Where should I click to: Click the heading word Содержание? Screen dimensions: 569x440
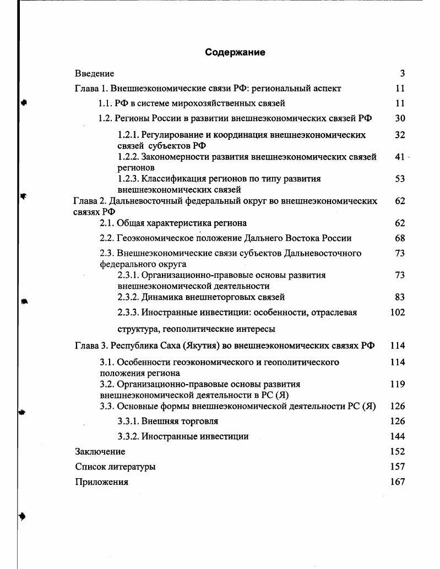point(235,52)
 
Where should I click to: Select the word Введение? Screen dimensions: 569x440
point(94,73)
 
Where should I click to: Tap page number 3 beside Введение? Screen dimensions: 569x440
point(403,73)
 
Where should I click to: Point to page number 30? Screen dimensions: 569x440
point(400,118)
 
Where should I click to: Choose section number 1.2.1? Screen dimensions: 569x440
point(128,134)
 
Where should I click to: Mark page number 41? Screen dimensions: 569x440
point(400,157)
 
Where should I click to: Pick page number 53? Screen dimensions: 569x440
point(400,179)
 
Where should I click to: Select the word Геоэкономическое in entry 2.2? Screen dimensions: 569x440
point(153,238)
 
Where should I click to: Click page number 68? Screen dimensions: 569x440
point(400,238)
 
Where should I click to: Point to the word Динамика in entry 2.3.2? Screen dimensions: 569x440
point(160,297)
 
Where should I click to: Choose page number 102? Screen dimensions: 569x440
point(397,313)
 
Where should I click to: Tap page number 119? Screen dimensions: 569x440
point(397,384)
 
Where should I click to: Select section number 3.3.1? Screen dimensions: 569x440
point(128,422)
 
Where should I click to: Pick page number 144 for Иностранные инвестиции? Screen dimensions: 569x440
point(397,436)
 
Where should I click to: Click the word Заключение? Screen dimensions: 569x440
point(100,452)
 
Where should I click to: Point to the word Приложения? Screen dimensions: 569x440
point(101,482)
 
